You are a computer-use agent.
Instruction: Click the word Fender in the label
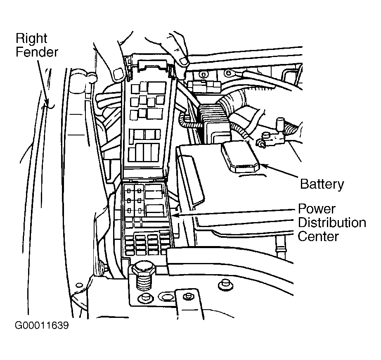37,52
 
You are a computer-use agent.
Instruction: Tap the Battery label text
322,184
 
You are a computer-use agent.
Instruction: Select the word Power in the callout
317,208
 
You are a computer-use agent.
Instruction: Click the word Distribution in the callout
332,223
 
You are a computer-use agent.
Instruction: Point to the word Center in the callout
318,237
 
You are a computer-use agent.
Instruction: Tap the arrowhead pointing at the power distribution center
175,215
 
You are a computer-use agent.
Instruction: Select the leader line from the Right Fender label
44,83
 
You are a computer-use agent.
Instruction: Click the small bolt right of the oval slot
188,296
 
